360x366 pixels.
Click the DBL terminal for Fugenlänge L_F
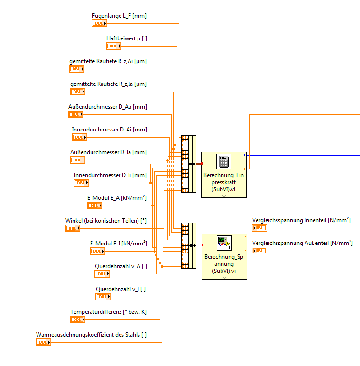tap(99, 23)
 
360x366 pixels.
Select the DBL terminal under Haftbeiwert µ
tap(113, 46)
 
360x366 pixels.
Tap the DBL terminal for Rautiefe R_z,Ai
tap(76, 69)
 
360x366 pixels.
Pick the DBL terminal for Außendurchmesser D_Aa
tap(76, 114)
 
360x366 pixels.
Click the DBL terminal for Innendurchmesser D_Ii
tap(81, 183)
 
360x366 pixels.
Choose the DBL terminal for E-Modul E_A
tap(94, 206)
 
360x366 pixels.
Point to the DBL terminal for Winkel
tap(73, 228)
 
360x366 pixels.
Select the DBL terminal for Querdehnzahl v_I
tap(103, 297)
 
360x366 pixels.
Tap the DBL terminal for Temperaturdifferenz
tap(78, 319)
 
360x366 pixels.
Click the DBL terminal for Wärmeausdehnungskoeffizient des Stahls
tap(43, 342)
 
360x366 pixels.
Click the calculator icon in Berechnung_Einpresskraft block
tap(223, 161)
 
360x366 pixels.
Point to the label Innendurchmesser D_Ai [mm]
tap(109, 130)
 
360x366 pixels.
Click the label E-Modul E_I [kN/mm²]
tap(118, 244)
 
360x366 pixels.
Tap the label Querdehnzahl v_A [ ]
tap(120, 266)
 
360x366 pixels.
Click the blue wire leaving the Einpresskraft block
tap(304, 155)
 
